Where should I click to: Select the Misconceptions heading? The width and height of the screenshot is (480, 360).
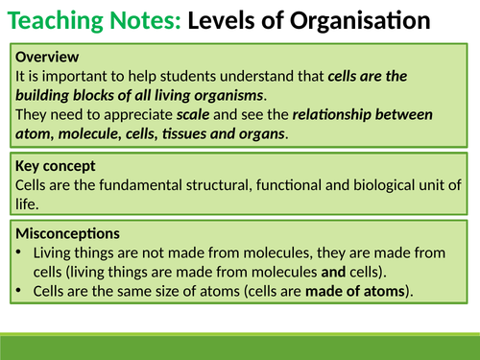click(x=66, y=233)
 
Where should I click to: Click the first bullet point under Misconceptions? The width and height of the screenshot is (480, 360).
click(x=21, y=252)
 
